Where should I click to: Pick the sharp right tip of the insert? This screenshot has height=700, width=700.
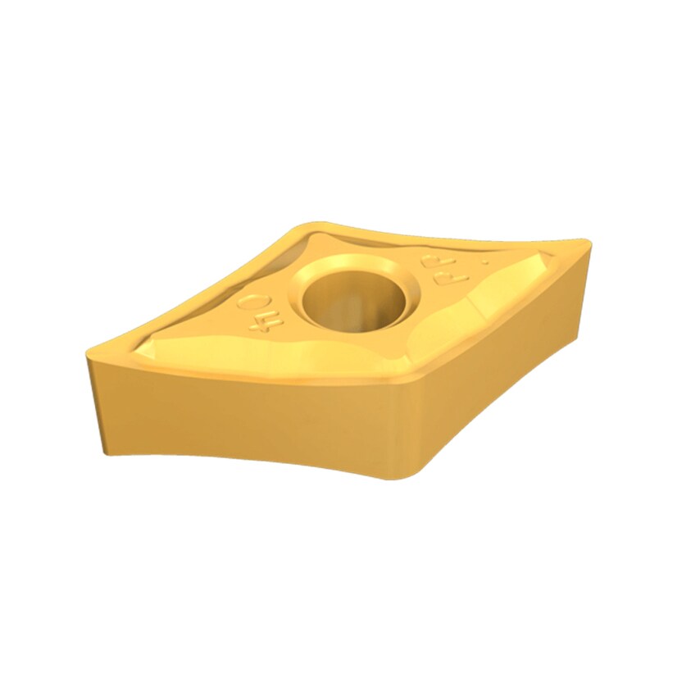[587, 243]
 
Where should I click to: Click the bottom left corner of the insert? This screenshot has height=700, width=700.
[105, 452]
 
